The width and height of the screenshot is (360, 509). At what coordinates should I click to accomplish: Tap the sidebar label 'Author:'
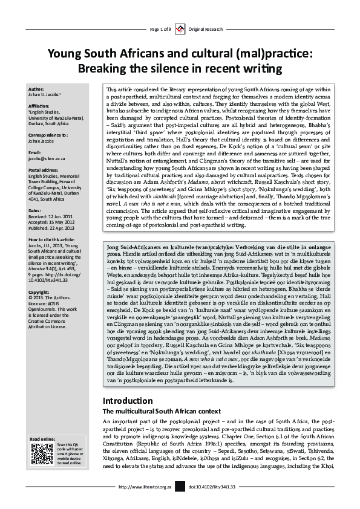pos(36,88)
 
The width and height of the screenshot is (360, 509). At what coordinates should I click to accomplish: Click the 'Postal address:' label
pos(44,170)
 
